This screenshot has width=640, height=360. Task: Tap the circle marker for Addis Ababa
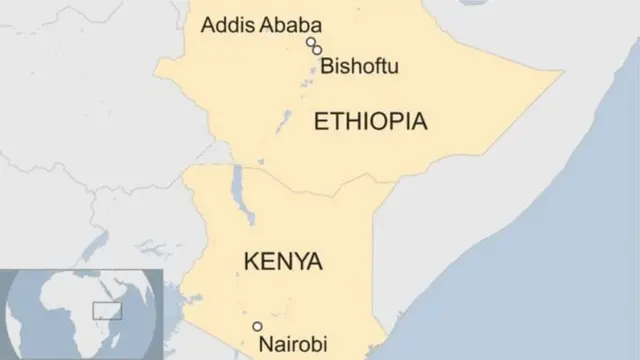(x=311, y=42)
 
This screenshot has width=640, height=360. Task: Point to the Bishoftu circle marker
(x=317, y=50)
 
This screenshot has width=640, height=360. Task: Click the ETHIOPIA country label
(x=370, y=122)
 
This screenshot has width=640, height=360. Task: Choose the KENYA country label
(x=283, y=263)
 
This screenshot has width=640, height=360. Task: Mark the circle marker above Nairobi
(x=257, y=326)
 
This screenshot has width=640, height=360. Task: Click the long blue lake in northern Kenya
(x=237, y=183)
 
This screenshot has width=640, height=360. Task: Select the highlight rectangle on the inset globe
(x=107, y=310)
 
